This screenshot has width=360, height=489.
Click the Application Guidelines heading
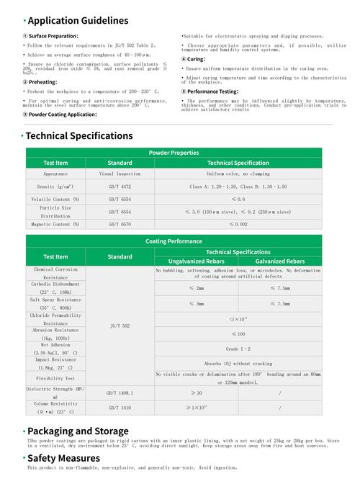coord(78,21)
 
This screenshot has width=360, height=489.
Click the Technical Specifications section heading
coord(79,135)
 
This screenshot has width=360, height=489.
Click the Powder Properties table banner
coord(174,153)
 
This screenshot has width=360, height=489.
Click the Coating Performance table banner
coord(174,241)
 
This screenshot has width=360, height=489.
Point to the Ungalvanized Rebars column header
coord(196,261)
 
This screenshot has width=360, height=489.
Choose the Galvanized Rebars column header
coord(279,261)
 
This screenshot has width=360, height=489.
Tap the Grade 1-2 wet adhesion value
coord(238,349)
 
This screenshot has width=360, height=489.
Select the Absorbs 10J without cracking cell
coord(238,364)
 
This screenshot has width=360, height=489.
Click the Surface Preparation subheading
coord(53,35)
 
